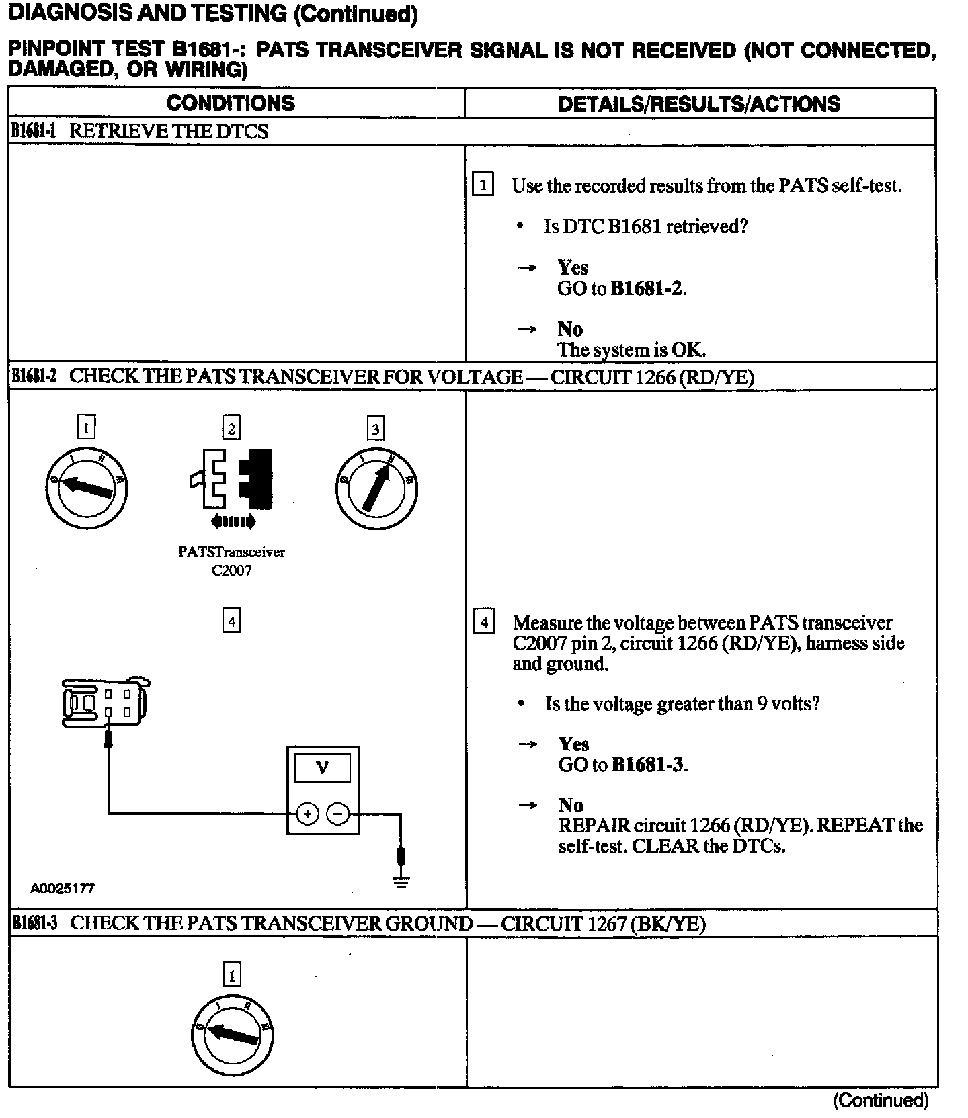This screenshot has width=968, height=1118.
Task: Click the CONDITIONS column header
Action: coord(231,103)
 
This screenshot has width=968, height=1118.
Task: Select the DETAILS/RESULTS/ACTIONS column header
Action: coord(699,103)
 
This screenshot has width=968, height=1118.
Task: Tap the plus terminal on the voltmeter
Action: coord(307,814)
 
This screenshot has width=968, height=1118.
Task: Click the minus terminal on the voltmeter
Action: coord(337,814)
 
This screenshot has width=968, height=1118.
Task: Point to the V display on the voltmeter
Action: coord(323,767)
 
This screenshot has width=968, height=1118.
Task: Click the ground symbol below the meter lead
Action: coord(401,881)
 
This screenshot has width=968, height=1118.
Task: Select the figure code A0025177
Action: coord(63,888)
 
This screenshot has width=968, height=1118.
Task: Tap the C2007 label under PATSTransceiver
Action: coord(231,570)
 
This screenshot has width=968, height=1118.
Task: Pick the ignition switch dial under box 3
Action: coord(376,488)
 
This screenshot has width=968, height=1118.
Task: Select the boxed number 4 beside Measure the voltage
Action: coord(484,621)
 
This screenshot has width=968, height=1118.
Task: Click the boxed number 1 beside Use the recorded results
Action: coord(483,184)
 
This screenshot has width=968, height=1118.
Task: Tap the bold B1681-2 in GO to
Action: coord(647,288)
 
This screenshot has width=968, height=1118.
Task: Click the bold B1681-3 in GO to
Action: coord(648,765)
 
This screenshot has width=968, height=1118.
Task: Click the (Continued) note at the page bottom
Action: coord(881,1100)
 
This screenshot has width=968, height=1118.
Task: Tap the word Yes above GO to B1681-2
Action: coord(573,267)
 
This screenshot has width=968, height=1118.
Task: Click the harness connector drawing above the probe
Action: coord(105,702)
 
